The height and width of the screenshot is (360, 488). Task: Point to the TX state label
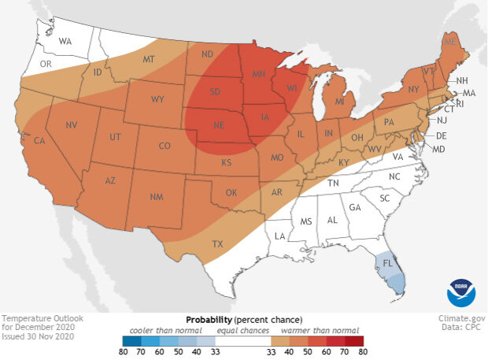point(218,244)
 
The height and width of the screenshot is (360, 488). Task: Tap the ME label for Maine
point(450,41)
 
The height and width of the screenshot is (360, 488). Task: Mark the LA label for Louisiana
point(279,236)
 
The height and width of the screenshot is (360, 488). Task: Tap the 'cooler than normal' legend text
point(162,331)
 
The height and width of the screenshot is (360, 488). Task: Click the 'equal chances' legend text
point(243,331)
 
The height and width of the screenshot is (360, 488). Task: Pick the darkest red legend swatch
point(360,342)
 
